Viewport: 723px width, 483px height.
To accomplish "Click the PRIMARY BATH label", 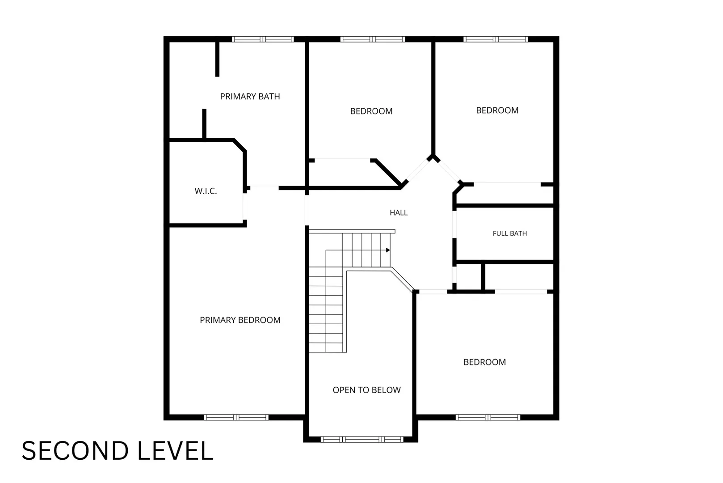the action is point(250,96).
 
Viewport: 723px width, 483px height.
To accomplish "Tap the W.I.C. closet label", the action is point(206,191).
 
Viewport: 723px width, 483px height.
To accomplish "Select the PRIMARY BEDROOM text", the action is point(240,320).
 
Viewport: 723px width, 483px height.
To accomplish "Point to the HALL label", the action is point(399,212).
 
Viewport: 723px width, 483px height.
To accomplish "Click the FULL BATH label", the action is point(510,233).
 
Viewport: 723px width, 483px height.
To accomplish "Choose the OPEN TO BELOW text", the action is point(367,390).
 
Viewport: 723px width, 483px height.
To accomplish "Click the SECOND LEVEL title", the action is point(118,451).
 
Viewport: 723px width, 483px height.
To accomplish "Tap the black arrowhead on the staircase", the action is point(388,250).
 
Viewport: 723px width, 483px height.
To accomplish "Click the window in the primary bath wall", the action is point(263,39).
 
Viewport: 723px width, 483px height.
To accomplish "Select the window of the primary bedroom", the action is point(236,417).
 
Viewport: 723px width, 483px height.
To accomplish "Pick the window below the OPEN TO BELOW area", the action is point(362,439).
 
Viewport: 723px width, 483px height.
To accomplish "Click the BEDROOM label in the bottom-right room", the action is point(484,362).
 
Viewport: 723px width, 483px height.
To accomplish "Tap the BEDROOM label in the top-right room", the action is point(497,110).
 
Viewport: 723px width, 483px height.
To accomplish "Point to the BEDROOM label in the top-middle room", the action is point(371,111).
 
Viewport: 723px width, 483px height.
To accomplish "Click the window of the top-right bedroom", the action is point(496,39).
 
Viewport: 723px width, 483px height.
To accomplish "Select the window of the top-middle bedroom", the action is point(373,39).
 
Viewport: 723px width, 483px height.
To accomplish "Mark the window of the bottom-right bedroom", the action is point(488,417).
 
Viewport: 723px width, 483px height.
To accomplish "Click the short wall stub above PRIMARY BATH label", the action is point(217,59).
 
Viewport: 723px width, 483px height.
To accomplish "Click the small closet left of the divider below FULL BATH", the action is point(469,276).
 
